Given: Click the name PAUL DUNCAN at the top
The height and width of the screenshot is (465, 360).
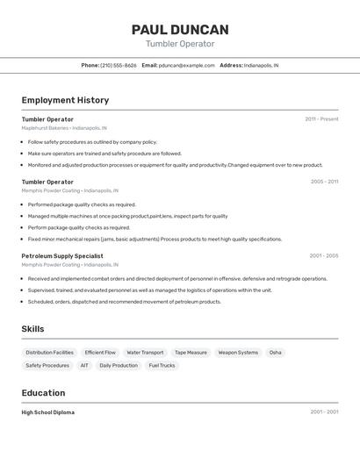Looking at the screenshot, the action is (180, 30).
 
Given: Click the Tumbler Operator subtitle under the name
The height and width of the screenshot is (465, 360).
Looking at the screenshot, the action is (180, 44).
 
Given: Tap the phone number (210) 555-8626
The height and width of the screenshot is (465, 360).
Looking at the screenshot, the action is (119, 65).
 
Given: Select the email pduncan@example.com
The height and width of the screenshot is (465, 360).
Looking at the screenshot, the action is (186, 65).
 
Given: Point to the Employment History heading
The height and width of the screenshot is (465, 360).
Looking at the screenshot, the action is (65, 100).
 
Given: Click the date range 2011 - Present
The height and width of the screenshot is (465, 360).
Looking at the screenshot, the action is (321, 119).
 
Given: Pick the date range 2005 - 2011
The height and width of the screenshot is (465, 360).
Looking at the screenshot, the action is (324, 182).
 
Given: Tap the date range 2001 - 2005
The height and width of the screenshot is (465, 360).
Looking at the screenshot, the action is (323, 256).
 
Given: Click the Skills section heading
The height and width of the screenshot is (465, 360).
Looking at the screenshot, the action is (33, 329).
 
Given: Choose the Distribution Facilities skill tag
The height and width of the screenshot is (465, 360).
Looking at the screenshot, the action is (49, 353).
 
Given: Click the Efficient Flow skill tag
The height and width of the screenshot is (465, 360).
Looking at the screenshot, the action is (100, 353).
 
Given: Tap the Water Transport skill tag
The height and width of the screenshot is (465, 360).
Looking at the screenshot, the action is (145, 353).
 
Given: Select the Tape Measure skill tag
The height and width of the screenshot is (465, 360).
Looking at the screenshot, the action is (191, 353).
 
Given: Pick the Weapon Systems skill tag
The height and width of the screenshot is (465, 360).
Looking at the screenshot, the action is (238, 353).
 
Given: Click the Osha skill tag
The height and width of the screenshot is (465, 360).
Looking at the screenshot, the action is (276, 353).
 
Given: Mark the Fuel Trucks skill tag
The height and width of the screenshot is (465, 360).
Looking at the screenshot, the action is (162, 366).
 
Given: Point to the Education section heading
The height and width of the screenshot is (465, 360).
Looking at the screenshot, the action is (43, 393).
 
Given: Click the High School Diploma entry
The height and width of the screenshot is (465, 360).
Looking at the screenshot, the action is (48, 412).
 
